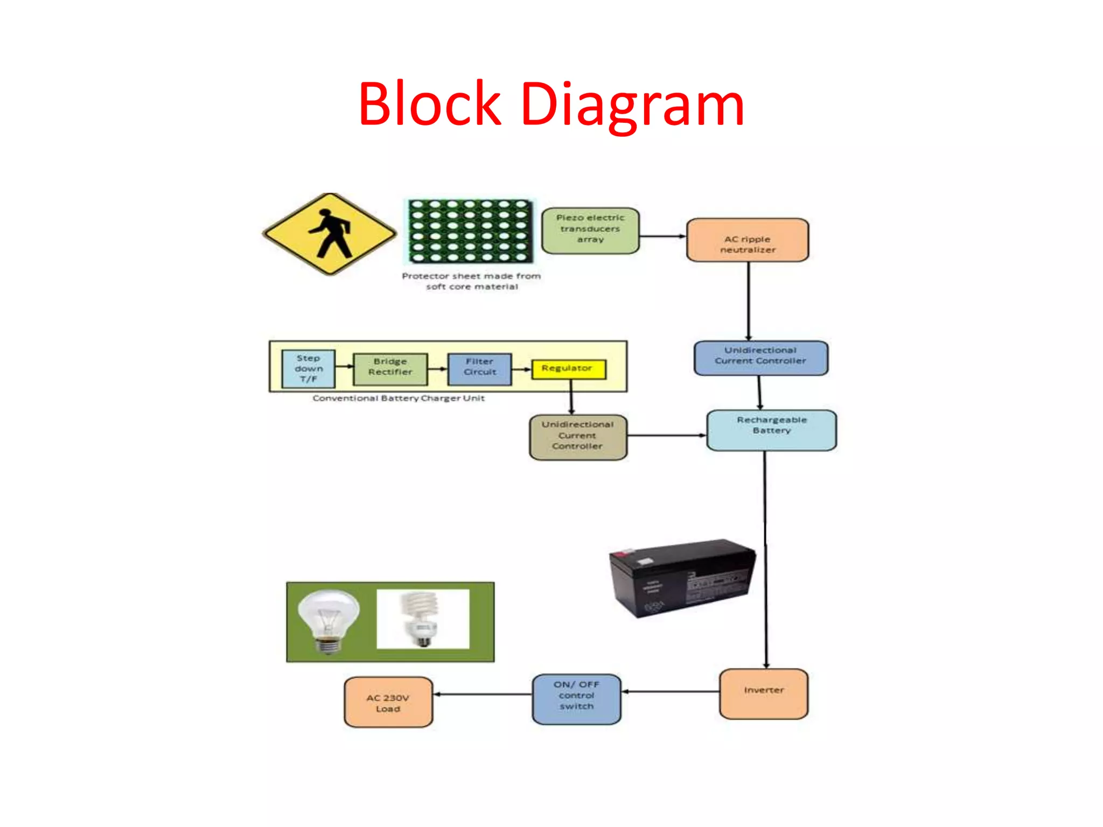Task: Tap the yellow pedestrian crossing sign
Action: [x=330, y=234]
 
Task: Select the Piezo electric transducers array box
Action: [x=590, y=230]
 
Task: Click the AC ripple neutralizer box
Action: [x=748, y=240]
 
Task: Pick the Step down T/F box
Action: [x=309, y=369]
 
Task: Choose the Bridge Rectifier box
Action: [x=390, y=369]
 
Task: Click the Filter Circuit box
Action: [x=479, y=369]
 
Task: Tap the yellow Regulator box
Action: [x=568, y=369]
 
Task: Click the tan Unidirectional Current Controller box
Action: [x=578, y=437]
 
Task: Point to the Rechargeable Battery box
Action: [x=771, y=430]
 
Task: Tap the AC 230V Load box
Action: [x=388, y=702]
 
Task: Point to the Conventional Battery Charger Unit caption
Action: [x=399, y=398]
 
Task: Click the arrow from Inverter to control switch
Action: [x=670, y=691]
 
